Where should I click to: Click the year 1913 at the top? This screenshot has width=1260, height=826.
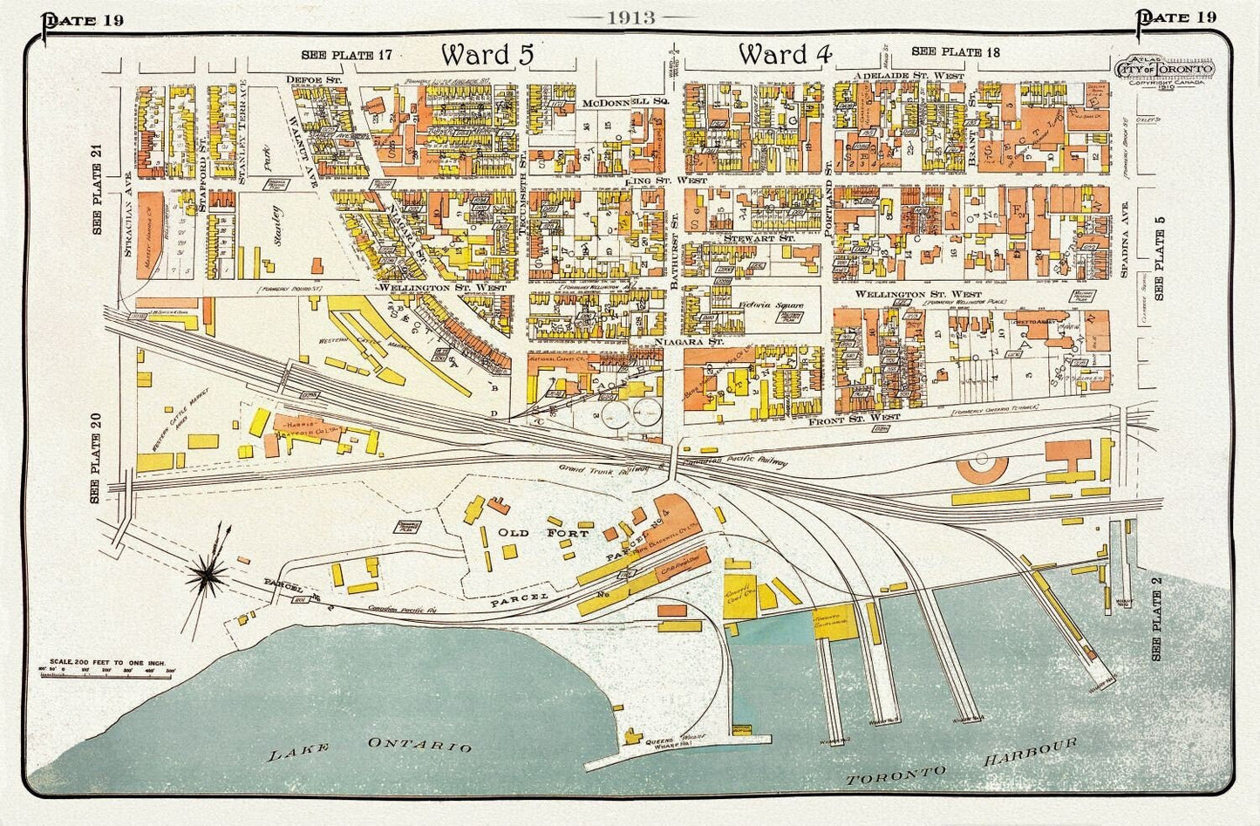point(632,18)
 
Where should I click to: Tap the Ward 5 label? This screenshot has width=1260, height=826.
point(487,54)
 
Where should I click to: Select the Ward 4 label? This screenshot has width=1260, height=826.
point(784,54)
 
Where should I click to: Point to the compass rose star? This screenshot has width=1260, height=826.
point(209,573)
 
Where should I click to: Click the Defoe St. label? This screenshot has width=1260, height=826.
point(311,79)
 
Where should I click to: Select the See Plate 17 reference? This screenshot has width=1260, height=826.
point(346,55)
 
